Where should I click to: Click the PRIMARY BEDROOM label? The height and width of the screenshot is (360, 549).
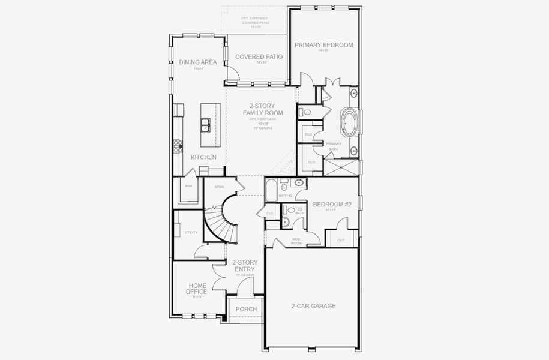tap(324, 45)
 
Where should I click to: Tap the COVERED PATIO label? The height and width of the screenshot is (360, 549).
tap(259, 57)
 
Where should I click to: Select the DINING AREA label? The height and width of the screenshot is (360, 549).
tap(197, 62)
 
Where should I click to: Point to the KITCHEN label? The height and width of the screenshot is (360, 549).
tap(203, 157)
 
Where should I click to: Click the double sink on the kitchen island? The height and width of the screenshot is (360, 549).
tap(206, 124)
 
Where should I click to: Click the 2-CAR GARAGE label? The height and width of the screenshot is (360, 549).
tap(314, 306)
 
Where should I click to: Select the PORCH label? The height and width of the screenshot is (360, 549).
tap(246, 309)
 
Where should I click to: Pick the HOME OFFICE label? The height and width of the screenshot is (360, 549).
tap(197, 289)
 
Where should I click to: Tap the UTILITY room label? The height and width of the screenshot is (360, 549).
tap(191, 232)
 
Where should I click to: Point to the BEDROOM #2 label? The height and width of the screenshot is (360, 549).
tap(332, 204)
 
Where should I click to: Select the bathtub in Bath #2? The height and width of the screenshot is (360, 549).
tap(271, 191)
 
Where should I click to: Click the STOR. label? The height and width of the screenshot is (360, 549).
tap(220, 187)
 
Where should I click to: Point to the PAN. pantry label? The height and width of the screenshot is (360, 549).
tap(188, 186)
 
